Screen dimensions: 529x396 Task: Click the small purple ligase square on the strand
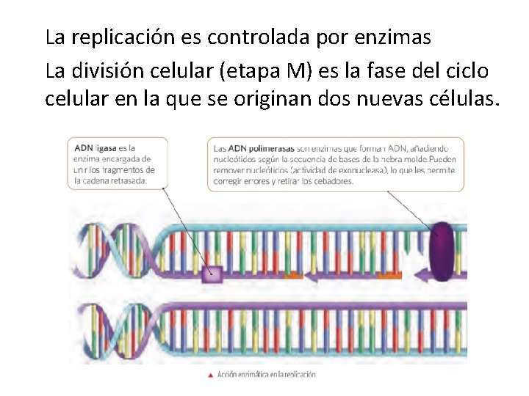pos(212,275)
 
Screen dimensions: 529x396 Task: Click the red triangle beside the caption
pos(211,375)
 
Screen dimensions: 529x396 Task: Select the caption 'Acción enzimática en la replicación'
pos(267,375)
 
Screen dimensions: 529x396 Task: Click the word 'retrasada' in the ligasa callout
pos(129,180)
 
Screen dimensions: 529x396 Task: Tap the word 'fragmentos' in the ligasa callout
pos(132,169)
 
